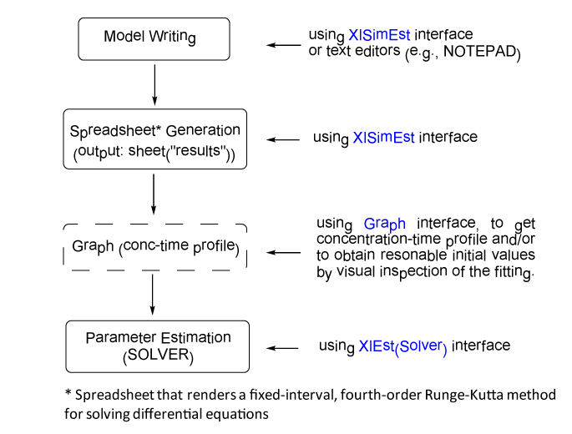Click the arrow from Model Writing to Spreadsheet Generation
pyautogui.click(x=154, y=84)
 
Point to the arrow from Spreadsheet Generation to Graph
pyautogui.click(x=154, y=194)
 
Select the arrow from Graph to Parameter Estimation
pyautogui.click(x=153, y=295)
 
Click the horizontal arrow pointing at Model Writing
pyautogui.click(x=284, y=45)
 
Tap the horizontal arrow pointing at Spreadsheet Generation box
pyautogui.click(x=283, y=139)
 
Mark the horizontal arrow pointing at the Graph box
pyautogui.click(x=283, y=252)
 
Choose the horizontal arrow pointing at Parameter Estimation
pyautogui.click(x=282, y=348)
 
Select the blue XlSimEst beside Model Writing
pyautogui.click(x=379, y=35)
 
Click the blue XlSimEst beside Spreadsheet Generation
pyautogui.click(x=384, y=138)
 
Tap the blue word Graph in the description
pyautogui.click(x=385, y=224)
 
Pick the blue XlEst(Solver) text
pyautogui.click(x=402, y=346)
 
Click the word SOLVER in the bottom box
pyautogui.click(x=159, y=355)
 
